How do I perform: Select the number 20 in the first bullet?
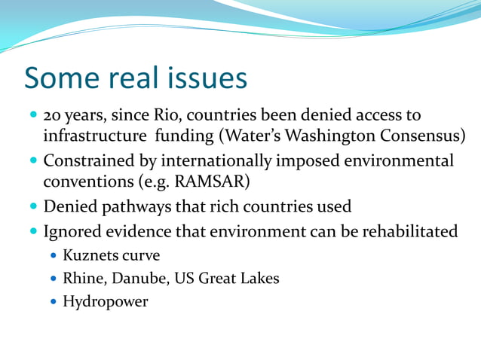click(x=54, y=117)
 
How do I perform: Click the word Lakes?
click(x=258, y=279)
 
